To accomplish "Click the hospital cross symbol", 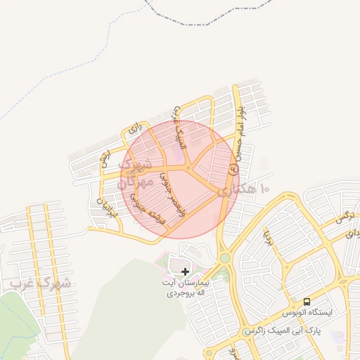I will click(x=185, y=271).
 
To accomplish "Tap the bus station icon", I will click(x=307, y=300).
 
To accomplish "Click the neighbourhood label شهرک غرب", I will click(x=41, y=283).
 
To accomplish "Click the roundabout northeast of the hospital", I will click(x=224, y=259).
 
